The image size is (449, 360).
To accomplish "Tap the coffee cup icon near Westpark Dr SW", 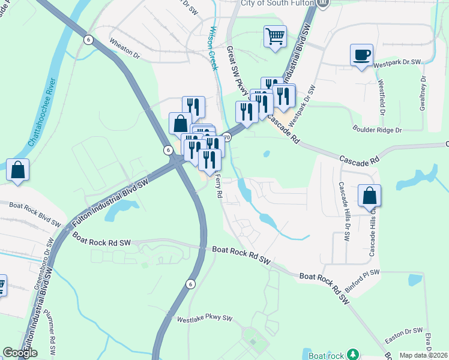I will (361, 55).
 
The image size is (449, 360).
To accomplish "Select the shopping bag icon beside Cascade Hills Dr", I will (369, 196).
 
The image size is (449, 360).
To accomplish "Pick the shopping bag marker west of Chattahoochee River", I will (18, 170).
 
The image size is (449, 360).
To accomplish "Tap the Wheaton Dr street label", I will (124, 48).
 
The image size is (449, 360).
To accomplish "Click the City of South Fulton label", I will (277, 3).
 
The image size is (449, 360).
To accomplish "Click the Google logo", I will (20, 353).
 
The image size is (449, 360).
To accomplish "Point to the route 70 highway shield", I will (226, 137).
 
